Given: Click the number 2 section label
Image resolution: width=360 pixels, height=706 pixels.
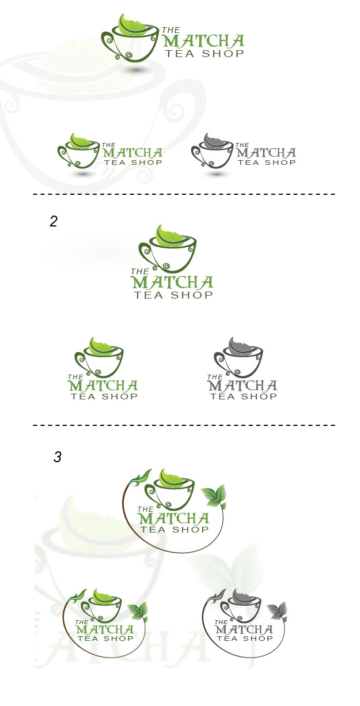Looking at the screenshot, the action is coord(54,221).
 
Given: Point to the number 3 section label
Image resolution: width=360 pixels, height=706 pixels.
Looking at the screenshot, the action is coord(58,456).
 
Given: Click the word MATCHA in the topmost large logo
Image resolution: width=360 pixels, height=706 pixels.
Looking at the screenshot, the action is coord(204,41).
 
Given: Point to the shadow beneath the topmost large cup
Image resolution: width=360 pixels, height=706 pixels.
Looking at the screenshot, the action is coord(135,69).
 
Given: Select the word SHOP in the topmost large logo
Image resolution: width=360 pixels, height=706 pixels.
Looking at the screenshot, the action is coord(223,53).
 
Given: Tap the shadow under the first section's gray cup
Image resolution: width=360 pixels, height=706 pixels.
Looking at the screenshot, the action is coord(217,174).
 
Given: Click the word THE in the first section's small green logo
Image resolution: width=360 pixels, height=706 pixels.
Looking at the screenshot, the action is coord(109,145).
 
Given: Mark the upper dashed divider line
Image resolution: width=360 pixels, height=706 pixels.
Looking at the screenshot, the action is coord(184,194).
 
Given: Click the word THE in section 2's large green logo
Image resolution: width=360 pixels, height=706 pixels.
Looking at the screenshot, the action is coord(139,271).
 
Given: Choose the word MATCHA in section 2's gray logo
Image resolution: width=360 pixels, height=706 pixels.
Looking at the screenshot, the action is coord(242,386).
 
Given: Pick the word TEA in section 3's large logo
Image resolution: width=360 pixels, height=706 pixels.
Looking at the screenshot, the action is coord(152,529).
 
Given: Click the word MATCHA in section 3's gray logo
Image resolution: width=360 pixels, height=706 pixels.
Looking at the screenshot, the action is coord(244,629).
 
